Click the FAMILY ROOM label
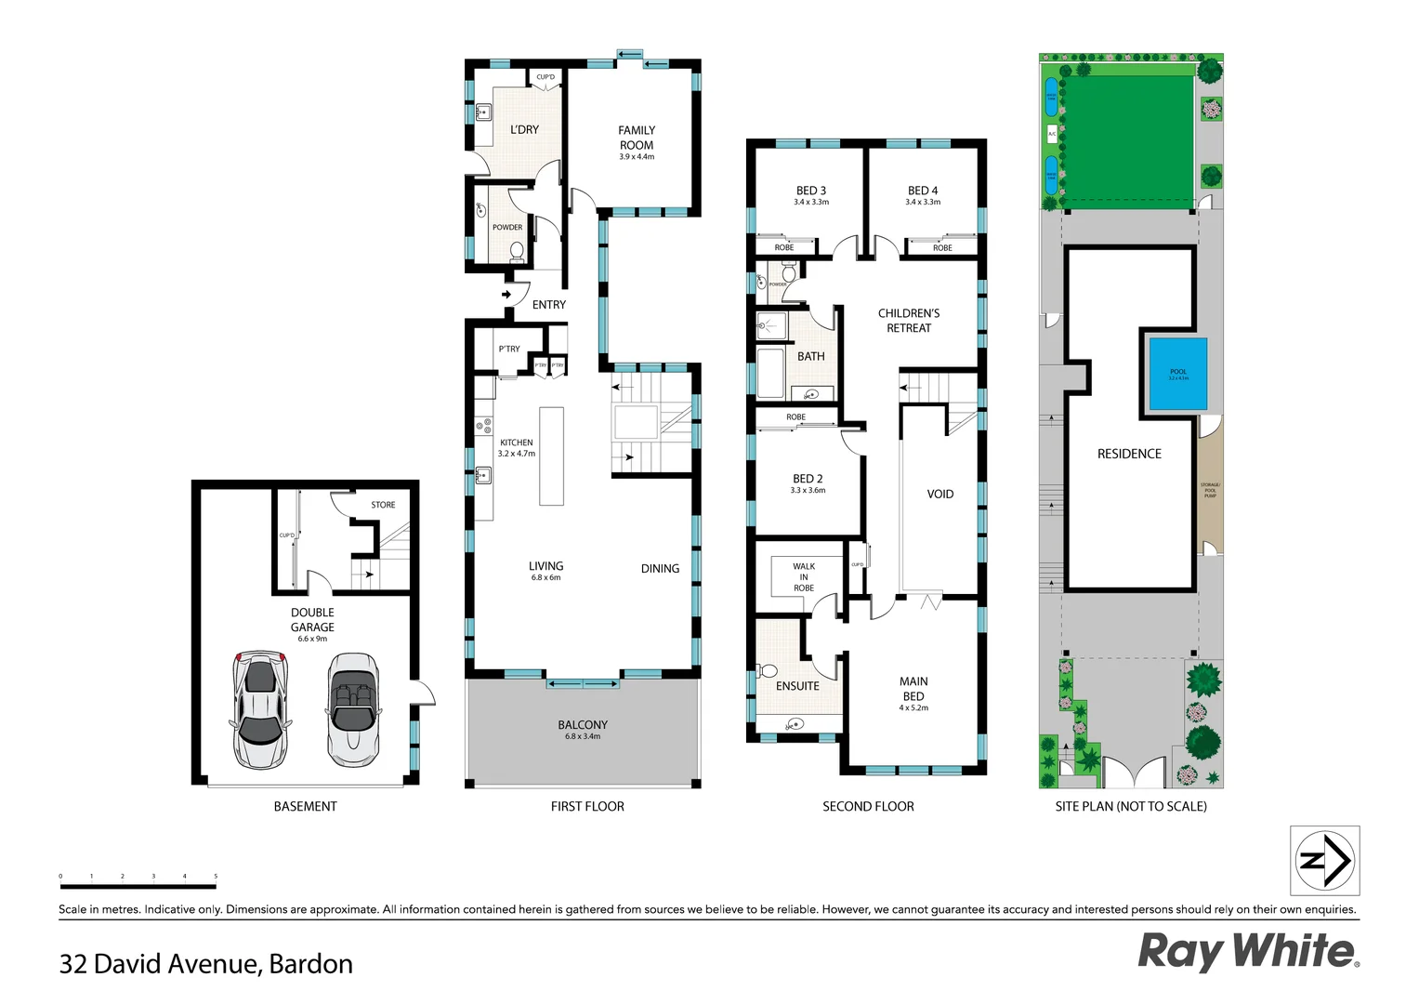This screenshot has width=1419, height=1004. [x=637, y=138]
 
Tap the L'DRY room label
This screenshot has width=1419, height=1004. [x=524, y=130]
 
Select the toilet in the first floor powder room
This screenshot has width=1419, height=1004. [x=517, y=250]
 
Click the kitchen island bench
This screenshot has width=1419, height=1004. [x=551, y=456]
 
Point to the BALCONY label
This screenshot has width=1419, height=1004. [x=583, y=725]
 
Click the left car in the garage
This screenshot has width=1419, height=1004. [x=260, y=708]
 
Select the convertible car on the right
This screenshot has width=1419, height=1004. [x=353, y=708]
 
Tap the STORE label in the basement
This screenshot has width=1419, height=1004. [x=383, y=505]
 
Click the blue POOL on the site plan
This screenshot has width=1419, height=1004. [x=1177, y=374]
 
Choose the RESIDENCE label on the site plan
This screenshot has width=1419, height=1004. [x=1129, y=454]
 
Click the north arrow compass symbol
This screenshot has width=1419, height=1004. [x=1324, y=860]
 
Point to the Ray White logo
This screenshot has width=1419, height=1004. [x=1248, y=951]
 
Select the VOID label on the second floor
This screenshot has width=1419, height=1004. [x=939, y=495]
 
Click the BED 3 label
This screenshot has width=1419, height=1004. [x=810, y=191]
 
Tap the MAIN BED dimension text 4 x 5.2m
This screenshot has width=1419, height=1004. [x=913, y=708]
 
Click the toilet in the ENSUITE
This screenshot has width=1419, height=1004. [x=769, y=670]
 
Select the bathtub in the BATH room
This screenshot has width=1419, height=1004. [x=770, y=373]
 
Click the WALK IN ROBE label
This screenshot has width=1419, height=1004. [x=804, y=576]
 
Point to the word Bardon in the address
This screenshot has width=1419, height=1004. [x=310, y=964]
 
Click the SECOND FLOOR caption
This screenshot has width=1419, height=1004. [x=868, y=807]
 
